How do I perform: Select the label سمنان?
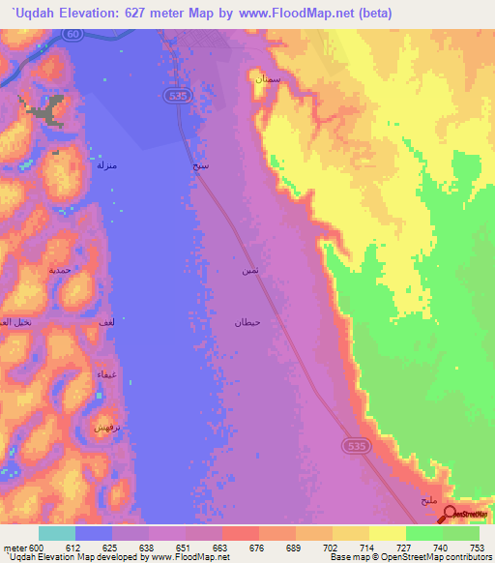[267, 79]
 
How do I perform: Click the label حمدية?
[60, 271]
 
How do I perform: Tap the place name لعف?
[108, 320]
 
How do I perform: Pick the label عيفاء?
[106, 373]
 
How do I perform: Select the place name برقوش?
[105, 426]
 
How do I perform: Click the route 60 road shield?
[73, 34]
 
